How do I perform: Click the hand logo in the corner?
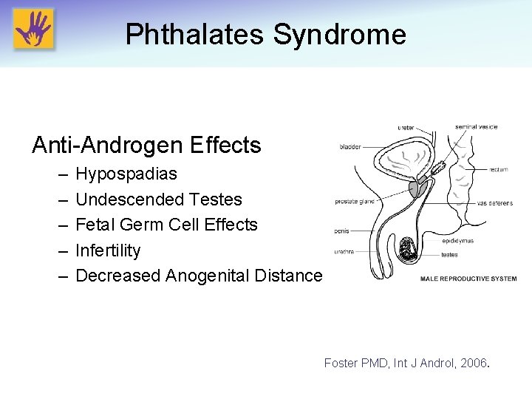[x=33, y=30]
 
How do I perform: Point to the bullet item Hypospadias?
[x=126, y=174]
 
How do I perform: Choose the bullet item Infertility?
[x=108, y=250]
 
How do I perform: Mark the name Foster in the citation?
[x=341, y=364]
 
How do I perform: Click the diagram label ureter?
[x=406, y=128]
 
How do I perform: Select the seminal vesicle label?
[x=477, y=126]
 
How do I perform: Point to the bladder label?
[x=350, y=146]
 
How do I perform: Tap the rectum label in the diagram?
[x=498, y=170]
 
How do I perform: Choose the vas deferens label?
[x=494, y=203]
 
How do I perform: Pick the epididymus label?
[x=458, y=241]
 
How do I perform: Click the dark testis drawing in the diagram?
[x=407, y=250]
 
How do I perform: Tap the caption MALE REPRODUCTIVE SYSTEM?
[x=468, y=279]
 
